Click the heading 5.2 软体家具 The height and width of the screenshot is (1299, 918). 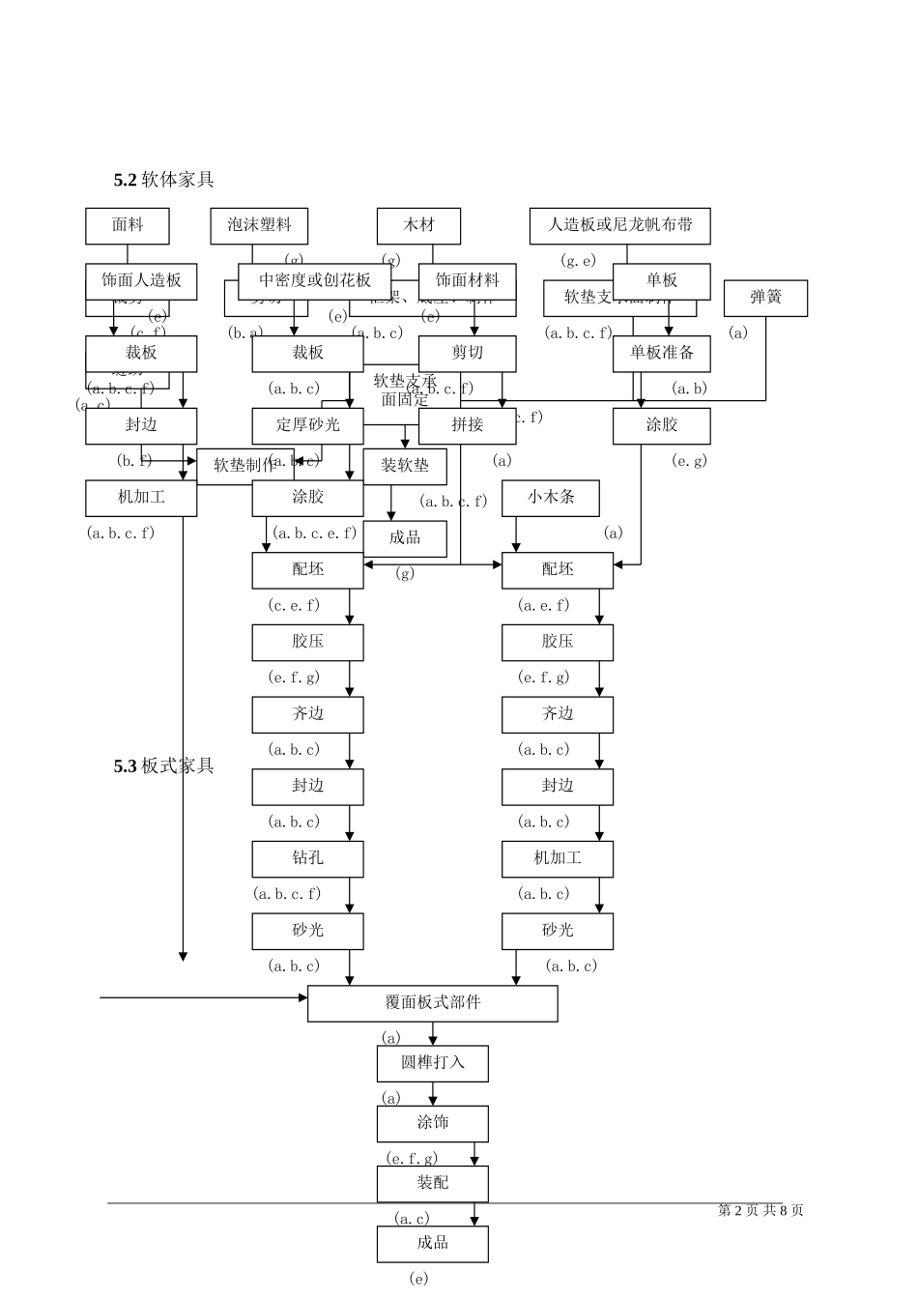163,179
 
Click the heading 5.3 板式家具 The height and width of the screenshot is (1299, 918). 163,765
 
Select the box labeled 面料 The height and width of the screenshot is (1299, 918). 128,225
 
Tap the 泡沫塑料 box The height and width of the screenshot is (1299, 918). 259,225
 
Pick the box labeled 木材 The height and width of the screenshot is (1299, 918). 418,225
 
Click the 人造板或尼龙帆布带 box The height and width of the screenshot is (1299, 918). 619,225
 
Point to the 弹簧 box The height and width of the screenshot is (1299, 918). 765,298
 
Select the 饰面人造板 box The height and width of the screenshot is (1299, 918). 141,280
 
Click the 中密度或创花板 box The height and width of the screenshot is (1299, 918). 315,280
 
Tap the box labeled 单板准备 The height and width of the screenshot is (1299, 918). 662,353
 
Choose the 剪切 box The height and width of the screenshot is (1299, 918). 467,353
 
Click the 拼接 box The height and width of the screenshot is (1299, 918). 467,425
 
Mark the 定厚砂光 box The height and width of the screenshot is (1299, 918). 307,425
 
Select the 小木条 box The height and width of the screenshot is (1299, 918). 551,498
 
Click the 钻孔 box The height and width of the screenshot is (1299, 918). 307,858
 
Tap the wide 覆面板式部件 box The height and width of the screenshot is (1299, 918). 432,1003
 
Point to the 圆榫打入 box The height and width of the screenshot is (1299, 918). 432,1063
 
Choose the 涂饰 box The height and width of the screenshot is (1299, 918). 432,1123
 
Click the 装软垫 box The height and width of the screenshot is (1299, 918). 405,467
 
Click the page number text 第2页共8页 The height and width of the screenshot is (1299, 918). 760,1210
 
